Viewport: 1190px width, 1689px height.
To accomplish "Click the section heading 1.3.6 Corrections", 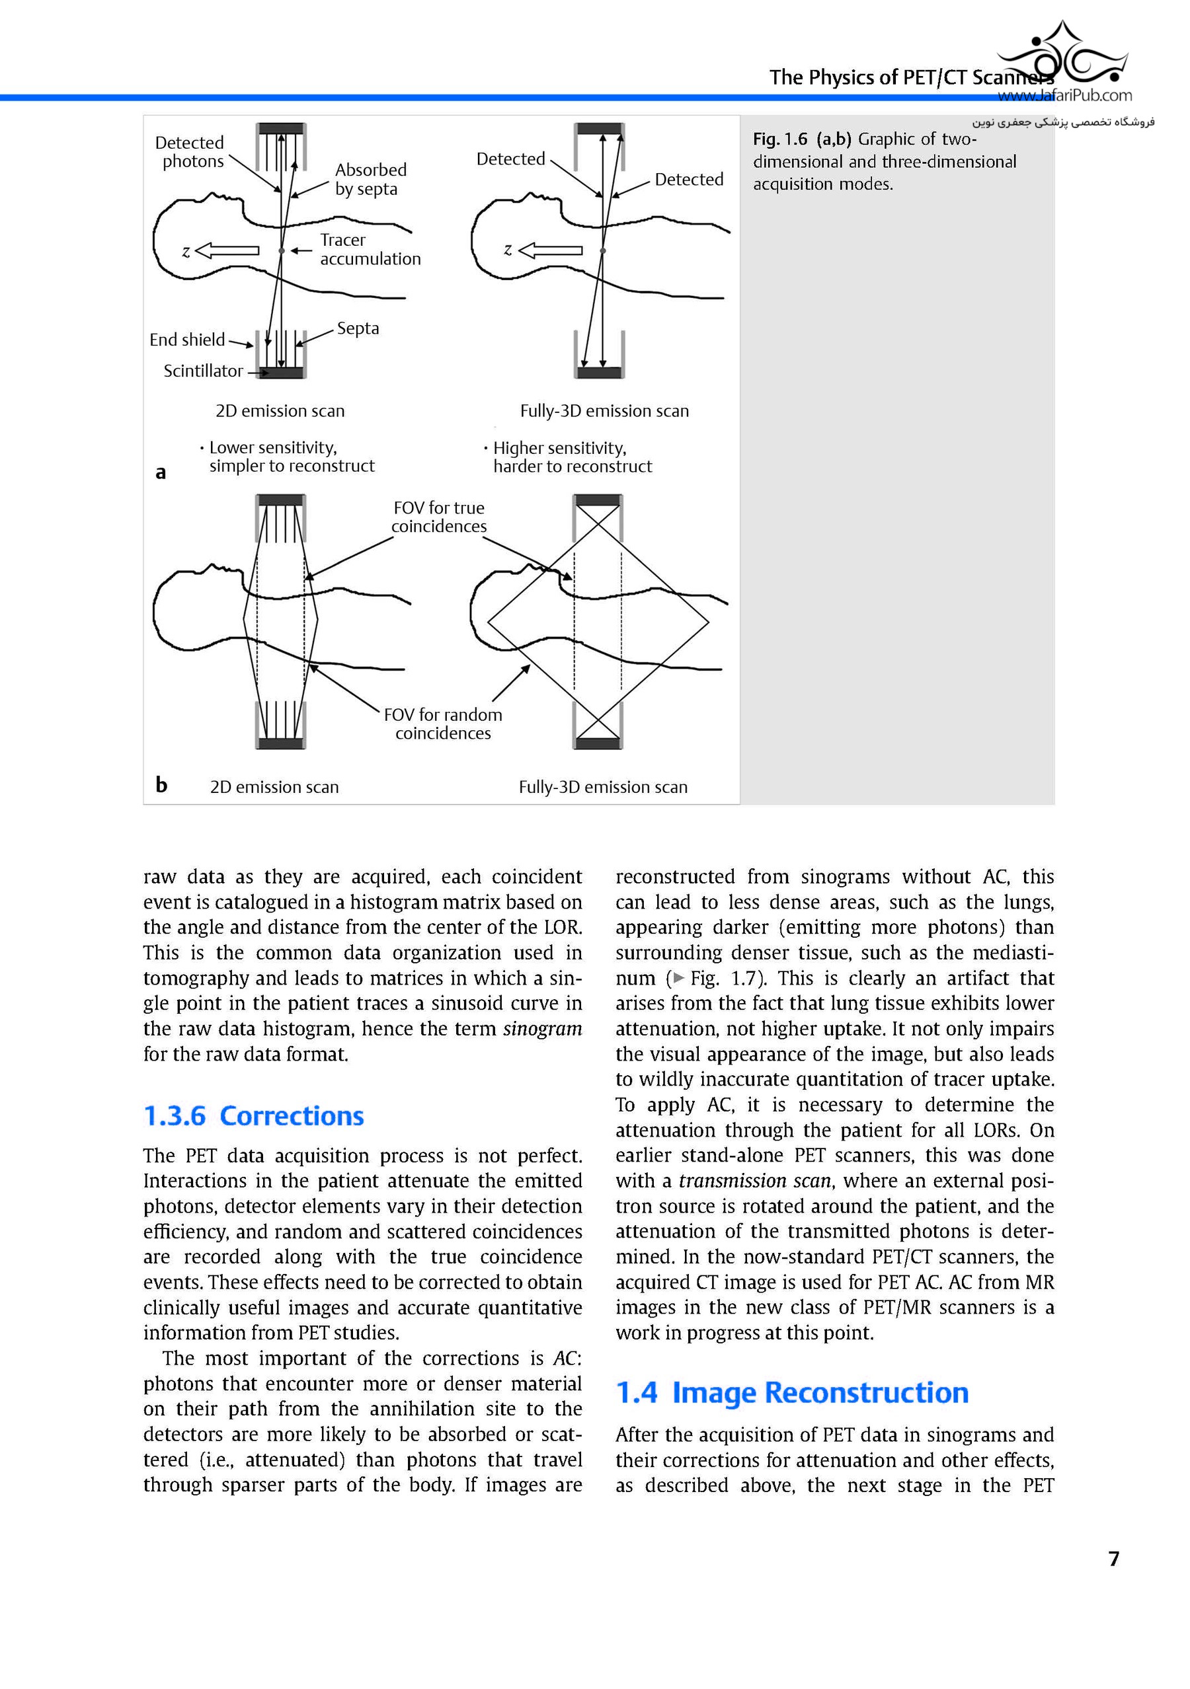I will [x=253, y=1116].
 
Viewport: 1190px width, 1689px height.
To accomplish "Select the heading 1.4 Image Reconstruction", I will [x=792, y=1392].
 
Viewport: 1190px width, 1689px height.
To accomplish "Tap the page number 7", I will [x=1113, y=1558].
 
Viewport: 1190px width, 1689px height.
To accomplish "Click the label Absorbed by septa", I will [x=370, y=180].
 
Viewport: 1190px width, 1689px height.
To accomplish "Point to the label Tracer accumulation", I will [x=370, y=249].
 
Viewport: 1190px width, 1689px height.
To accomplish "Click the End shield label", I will [x=187, y=340].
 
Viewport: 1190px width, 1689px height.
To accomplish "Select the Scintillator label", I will [x=203, y=371].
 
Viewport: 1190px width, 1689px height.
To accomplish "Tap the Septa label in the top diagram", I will [x=358, y=328].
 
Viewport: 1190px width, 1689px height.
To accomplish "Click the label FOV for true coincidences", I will [x=438, y=517].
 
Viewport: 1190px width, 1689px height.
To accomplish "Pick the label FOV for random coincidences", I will [x=443, y=724].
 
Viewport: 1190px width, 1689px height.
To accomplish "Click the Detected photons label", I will [x=190, y=151].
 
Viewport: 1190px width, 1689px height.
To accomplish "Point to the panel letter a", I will [x=161, y=472].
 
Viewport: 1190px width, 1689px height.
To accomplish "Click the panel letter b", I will [x=161, y=785].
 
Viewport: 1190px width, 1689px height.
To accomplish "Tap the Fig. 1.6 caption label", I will [x=779, y=139].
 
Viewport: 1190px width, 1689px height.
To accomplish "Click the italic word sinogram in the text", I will [x=541, y=1028].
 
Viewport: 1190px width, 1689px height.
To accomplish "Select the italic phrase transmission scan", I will [x=754, y=1181].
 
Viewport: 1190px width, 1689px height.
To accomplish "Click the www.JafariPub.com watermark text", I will [x=1064, y=96].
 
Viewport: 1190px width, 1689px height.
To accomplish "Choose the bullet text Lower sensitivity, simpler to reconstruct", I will [x=291, y=457].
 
